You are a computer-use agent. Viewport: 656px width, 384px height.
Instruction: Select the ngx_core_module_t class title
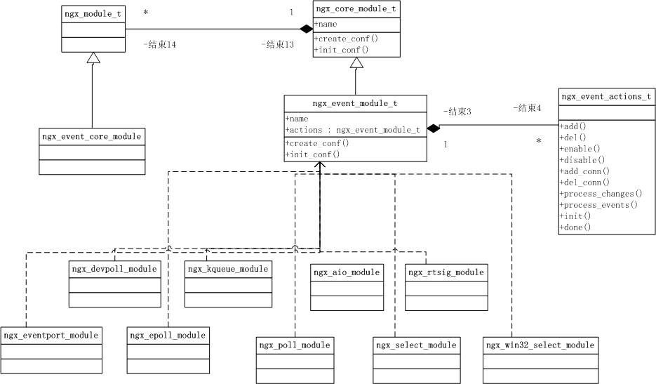pos(356,8)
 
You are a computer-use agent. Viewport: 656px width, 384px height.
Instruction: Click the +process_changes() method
pos(601,193)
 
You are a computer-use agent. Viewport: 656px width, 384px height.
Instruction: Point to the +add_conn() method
pos(584,171)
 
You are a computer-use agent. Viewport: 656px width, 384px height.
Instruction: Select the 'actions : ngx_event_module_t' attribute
pos(352,130)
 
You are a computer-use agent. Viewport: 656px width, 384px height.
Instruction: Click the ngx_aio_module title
pos(347,272)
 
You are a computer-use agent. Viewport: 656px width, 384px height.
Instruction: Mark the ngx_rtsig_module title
pos(446,272)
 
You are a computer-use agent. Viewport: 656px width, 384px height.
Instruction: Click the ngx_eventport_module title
pos(51,336)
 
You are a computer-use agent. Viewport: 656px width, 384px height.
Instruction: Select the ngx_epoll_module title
pos(168,336)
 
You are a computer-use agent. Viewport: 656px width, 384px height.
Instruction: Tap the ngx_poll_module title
pos(294,345)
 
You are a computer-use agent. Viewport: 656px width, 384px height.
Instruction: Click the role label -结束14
pos(159,44)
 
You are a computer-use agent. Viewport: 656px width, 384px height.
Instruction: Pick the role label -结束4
pos(527,107)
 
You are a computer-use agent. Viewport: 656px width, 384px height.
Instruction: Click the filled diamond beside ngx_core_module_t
pos(307,29)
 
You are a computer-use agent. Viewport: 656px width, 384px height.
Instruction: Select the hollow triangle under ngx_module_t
pos(93,58)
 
